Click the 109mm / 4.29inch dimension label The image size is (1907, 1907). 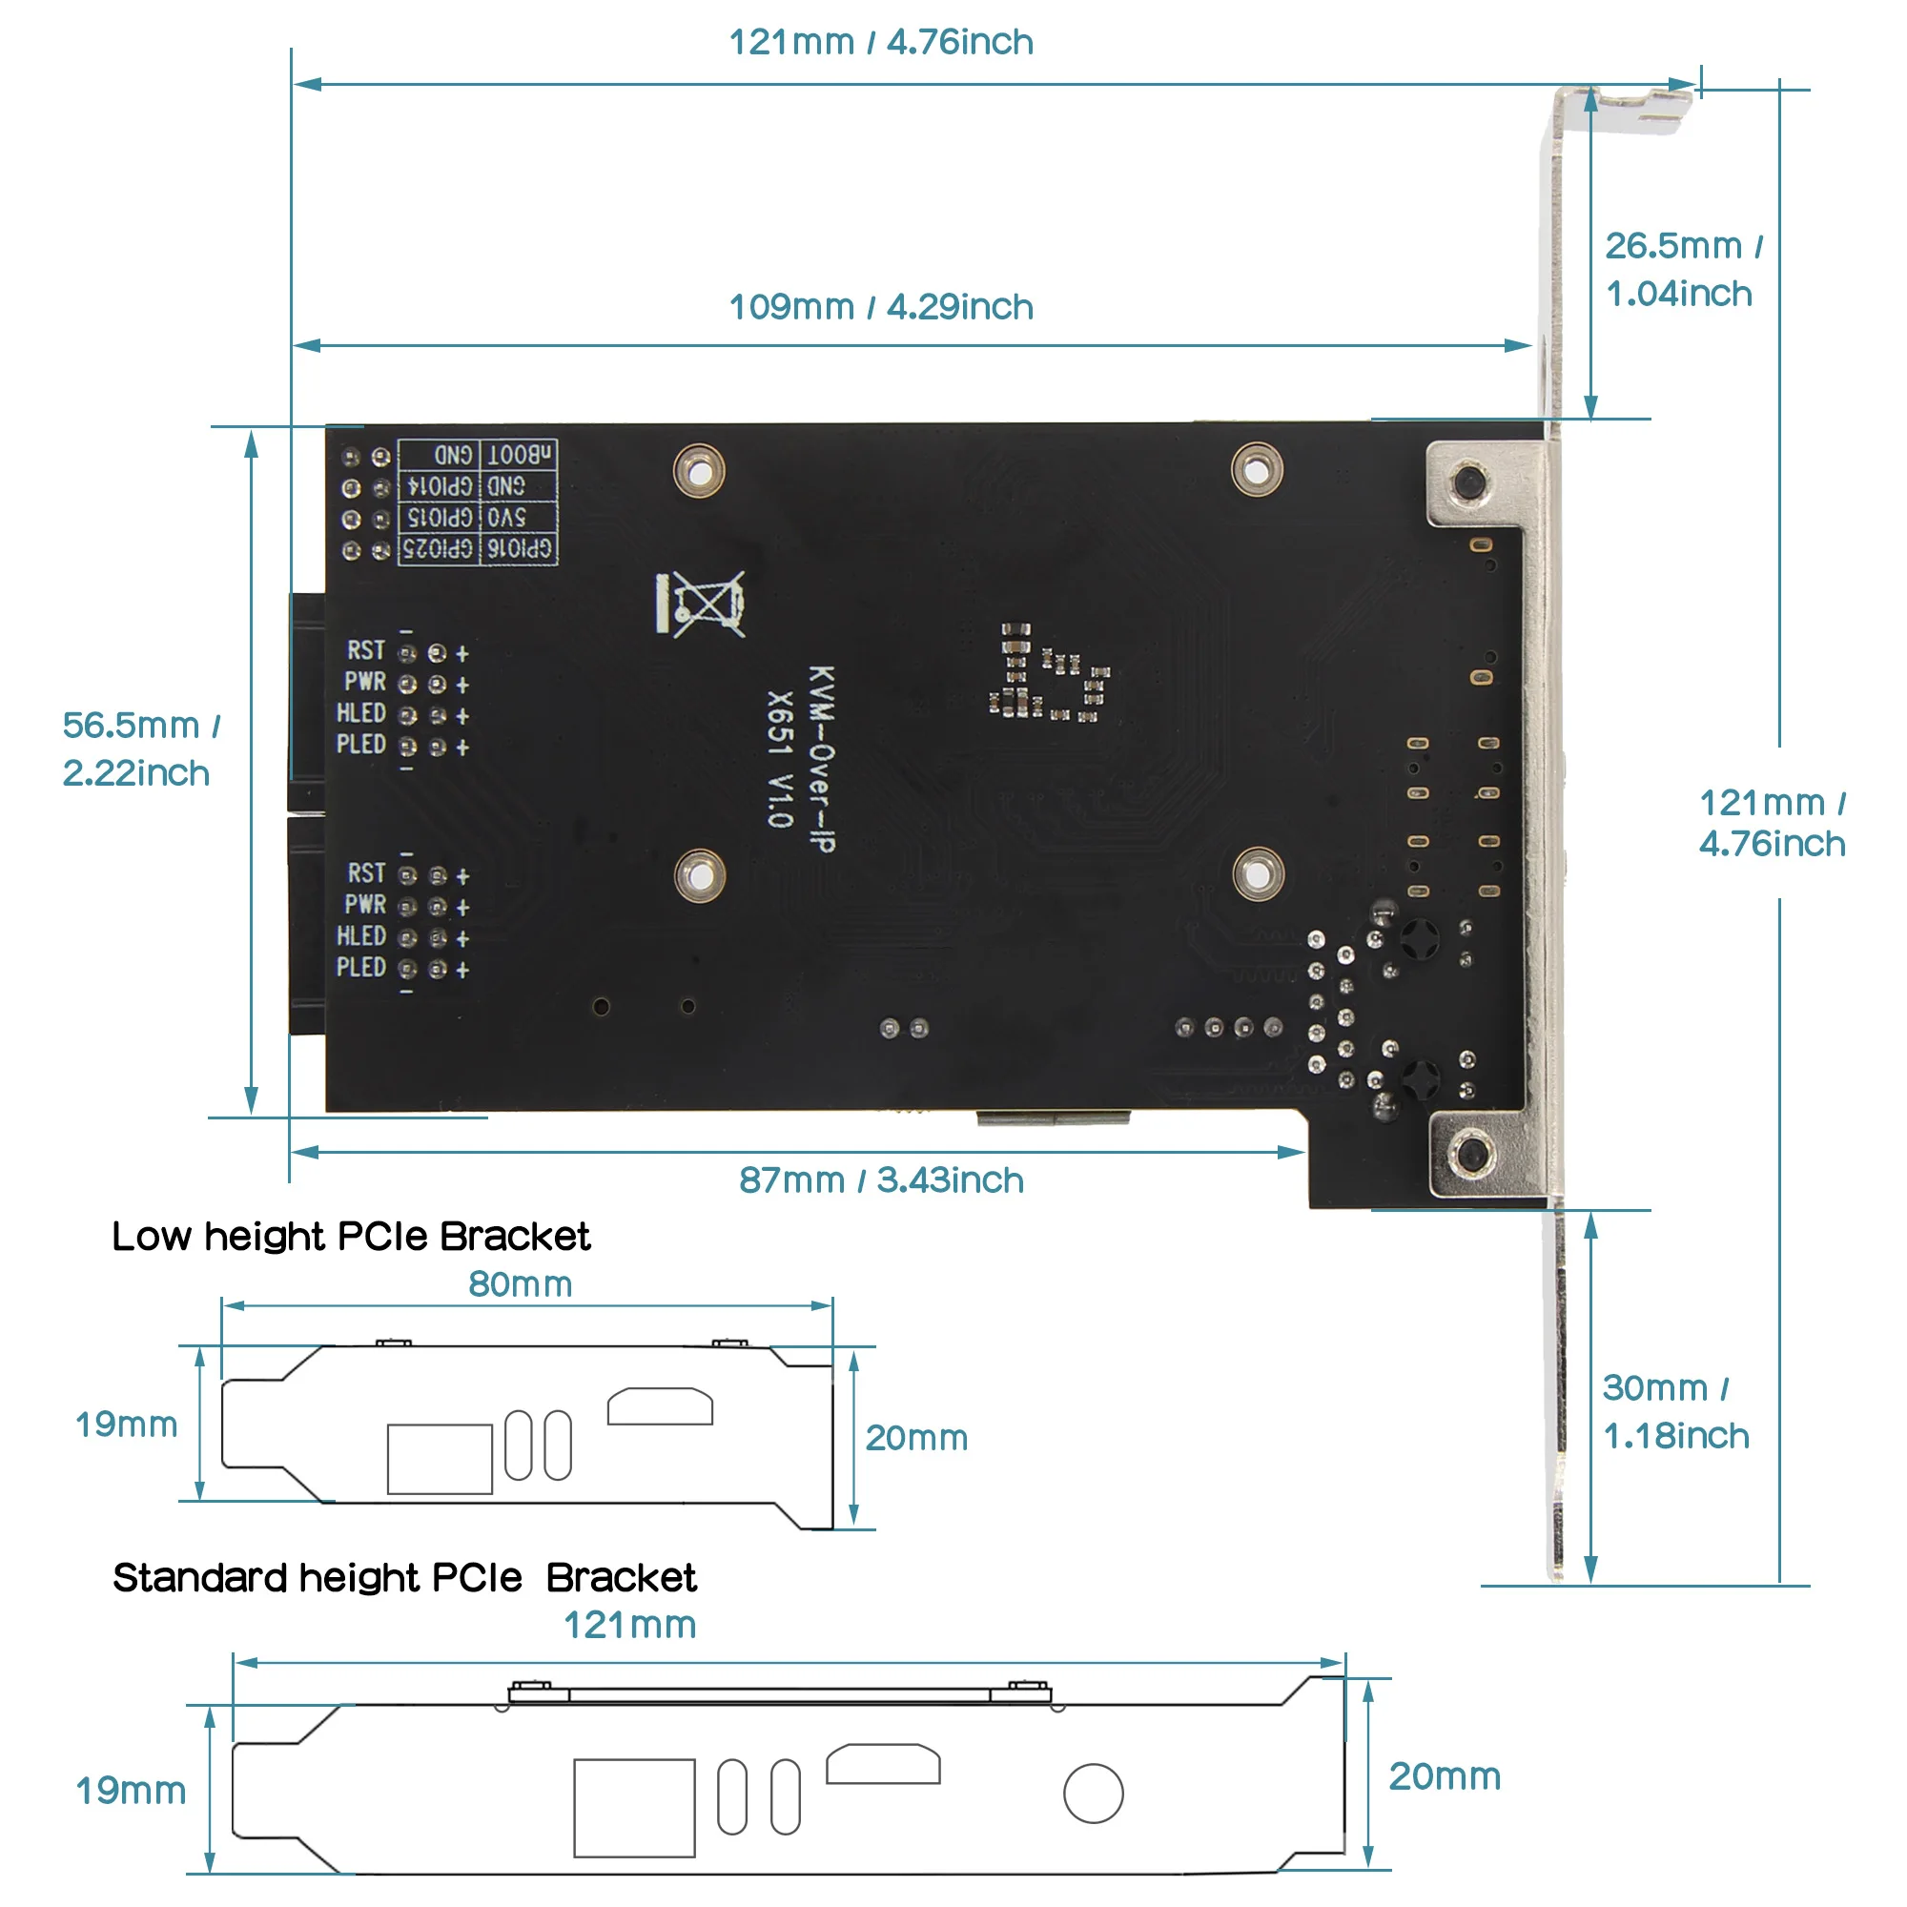pos(880,307)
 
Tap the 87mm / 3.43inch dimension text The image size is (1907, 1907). pos(880,1179)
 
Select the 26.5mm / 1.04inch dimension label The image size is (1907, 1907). pos(1682,270)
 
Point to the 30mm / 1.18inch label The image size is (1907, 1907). pos(1674,1411)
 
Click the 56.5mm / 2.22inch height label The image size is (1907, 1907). pos(138,749)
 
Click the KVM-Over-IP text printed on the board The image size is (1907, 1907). pos(821,757)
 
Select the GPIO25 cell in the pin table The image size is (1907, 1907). pos(439,548)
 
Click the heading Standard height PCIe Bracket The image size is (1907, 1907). pos(403,1577)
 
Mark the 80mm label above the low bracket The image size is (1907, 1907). pos(521,1284)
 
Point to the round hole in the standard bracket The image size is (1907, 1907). pos(1093,1794)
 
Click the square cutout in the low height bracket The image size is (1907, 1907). pos(440,1459)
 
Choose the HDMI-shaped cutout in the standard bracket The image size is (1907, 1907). pos(882,1764)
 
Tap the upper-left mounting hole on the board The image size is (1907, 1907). pos(699,471)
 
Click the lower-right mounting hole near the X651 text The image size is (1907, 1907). pos(1258,874)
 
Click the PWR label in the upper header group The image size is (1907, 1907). pos(364,682)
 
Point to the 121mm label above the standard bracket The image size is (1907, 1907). pos(629,1626)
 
